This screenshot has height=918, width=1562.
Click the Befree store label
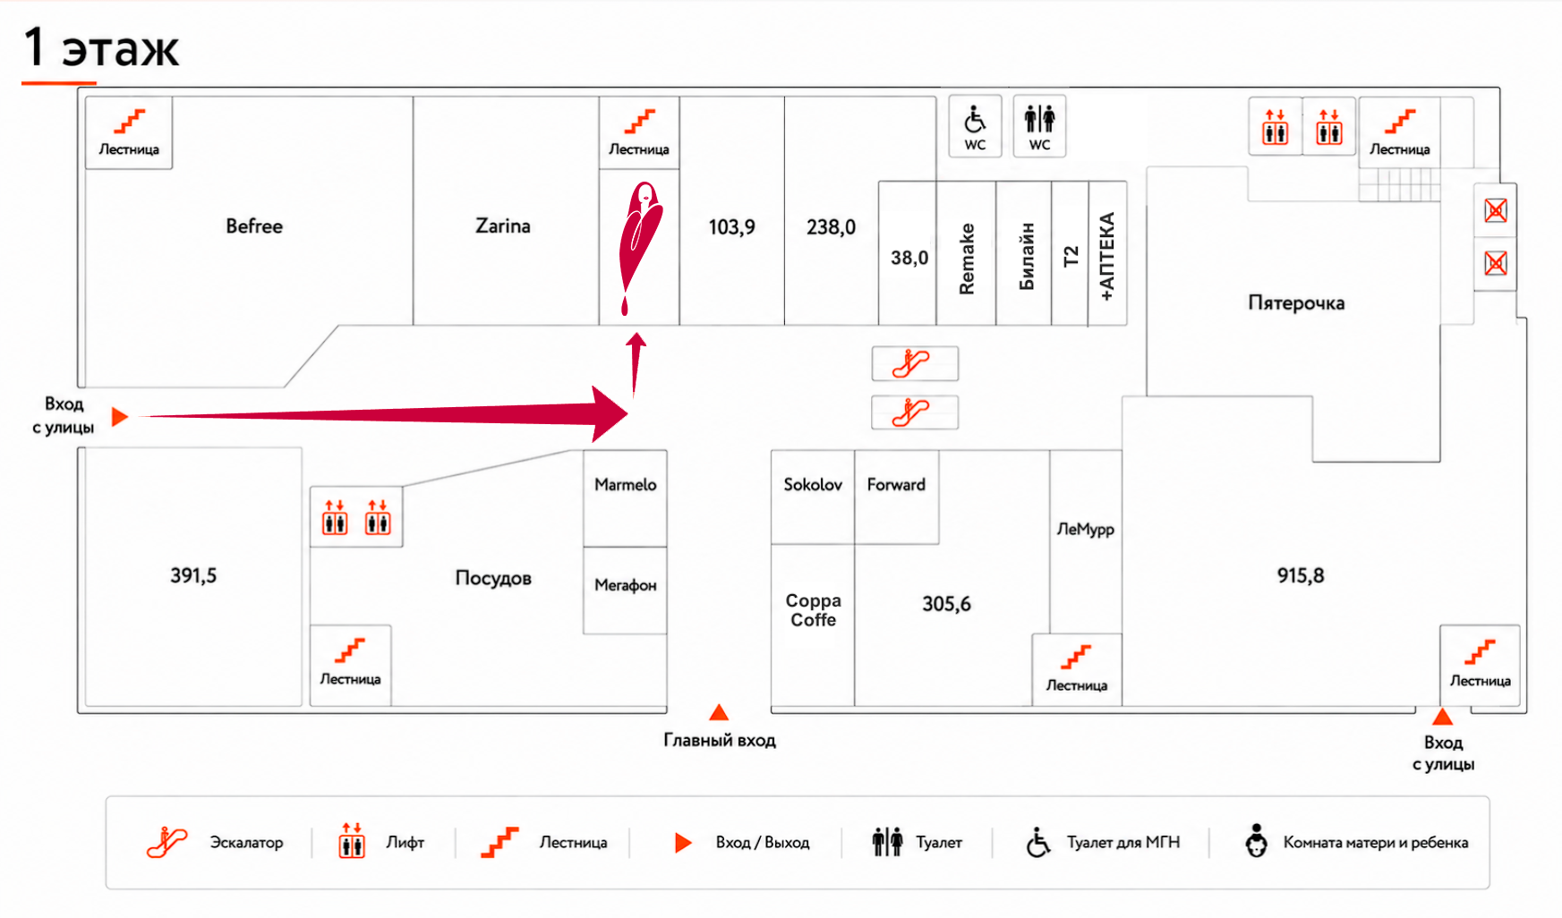(x=254, y=226)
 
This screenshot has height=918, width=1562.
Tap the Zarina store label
(x=503, y=226)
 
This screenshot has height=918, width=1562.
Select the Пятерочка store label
(x=1296, y=303)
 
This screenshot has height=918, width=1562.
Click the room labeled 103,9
(x=731, y=227)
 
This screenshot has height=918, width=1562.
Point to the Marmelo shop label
(x=626, y=484)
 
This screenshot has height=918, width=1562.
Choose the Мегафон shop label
(x=626, y=585)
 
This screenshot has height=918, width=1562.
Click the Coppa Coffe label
(x=813, y=610)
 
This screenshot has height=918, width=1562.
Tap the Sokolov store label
(x=813, y=484)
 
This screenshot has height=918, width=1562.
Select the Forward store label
(x=896, y=484)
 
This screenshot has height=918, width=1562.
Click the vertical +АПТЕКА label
(x=1107, y=256)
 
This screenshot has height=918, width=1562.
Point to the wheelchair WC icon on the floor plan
(x=975, y=119)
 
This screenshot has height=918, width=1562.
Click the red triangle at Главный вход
(x=719, y=712)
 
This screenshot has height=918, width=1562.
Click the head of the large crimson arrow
(x=610, y=414)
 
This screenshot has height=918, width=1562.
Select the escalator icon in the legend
(x=167, y=842)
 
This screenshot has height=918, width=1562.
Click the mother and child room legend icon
(x=1257, y=841)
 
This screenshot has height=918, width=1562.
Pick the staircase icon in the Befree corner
(x=130, y=121)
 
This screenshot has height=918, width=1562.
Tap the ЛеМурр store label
(x=1085, y=529)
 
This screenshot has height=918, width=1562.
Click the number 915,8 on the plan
(x=1301, y=575)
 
